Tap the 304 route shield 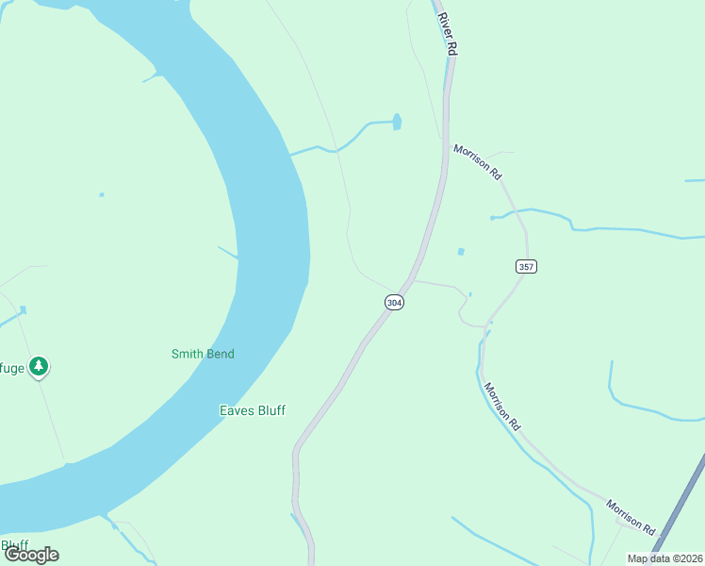395,302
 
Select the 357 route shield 526,267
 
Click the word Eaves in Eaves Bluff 236,410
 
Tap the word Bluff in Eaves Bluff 271,410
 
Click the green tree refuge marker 38,365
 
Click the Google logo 31,554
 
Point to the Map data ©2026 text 664,558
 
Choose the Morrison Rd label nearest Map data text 630,516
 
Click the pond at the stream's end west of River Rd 397,122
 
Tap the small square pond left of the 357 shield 461,252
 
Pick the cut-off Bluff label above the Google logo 13,544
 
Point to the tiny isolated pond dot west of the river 102,195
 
